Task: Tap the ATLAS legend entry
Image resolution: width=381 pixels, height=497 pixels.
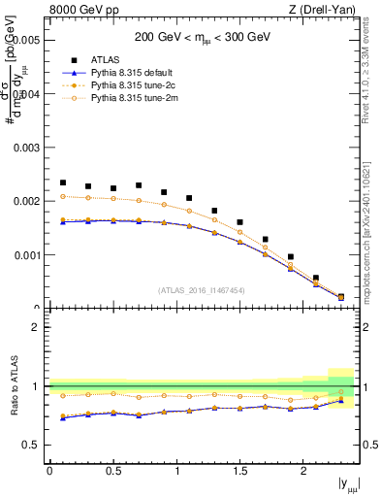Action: pos(107,60)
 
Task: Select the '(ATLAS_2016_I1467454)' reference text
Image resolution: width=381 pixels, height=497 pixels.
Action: pos(202,289)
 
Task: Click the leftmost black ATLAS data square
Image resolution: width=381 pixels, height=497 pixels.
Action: pos(63,182)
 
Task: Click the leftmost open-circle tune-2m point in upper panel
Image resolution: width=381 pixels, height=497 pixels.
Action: pos(63,196)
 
